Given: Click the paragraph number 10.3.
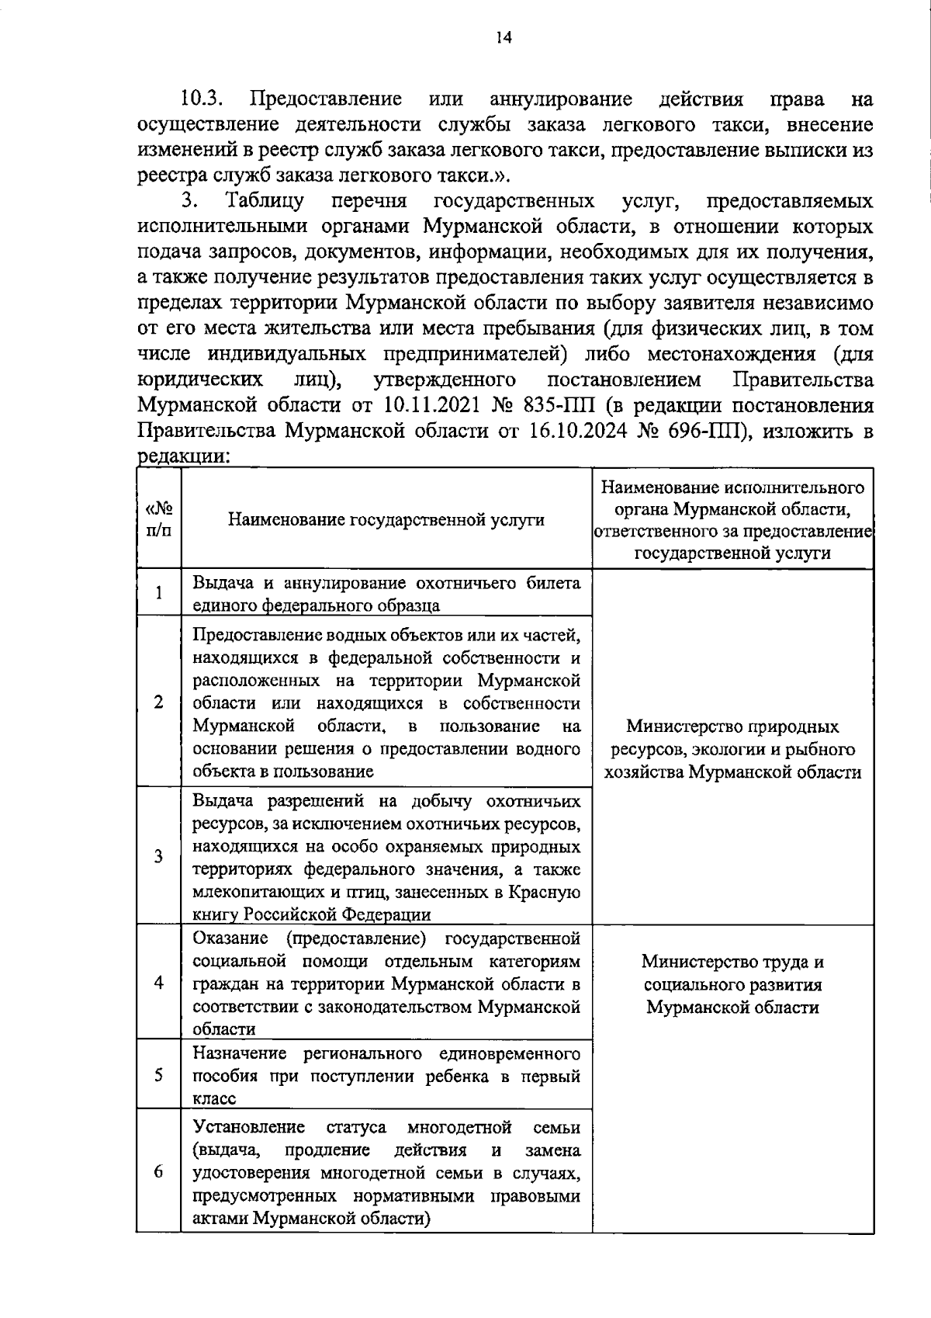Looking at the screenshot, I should point(202,99).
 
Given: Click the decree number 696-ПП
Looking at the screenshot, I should point(705,431).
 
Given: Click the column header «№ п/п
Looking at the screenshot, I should point(159,519).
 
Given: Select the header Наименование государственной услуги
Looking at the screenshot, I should point(386,519).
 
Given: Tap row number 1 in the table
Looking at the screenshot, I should point(159,594).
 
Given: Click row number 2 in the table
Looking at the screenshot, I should point(159,702).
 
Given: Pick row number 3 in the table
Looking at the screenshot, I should point(159,856).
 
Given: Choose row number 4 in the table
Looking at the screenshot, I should point(159,983).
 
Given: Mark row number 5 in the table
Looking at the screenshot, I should point(159,1075).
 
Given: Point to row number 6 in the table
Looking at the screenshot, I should point(159,1172).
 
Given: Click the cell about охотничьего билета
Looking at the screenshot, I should point(386,594).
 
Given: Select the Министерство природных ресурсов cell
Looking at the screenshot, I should point(732,749).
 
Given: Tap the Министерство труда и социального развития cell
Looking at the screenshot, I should point(732,984).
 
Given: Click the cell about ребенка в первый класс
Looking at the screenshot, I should point(386,1076).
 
